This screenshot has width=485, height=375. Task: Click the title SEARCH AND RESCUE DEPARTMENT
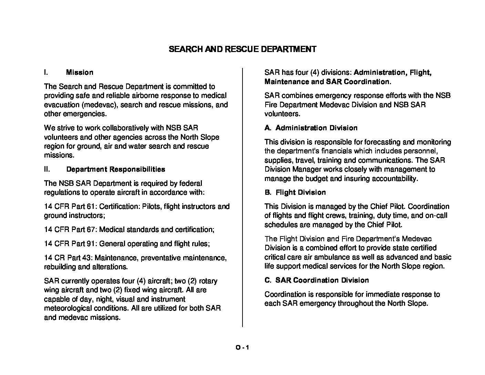pos(242,49)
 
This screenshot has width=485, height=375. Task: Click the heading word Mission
pos(80,72)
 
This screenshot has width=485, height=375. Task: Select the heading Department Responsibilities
pos(115,169)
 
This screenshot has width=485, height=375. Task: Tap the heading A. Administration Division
pos(311,128)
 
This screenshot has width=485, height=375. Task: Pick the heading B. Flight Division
pos(295,192)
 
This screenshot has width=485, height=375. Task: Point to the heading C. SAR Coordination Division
pos(316,280)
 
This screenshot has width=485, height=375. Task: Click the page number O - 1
pos(242,347)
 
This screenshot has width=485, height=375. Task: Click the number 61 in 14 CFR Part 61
pos(91,206)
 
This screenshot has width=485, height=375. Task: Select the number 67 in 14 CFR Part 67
pos(91,230)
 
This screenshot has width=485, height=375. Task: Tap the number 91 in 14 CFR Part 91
pos(91,244)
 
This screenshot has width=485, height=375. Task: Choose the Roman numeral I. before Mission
pos(46,72)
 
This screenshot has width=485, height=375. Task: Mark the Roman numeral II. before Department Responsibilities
pos(47,169)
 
